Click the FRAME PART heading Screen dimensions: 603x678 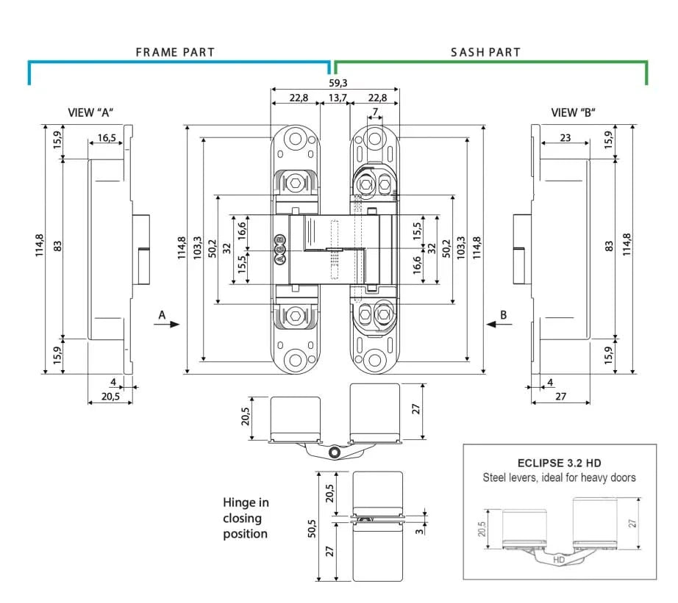pyautogui.click(x=175, y=53)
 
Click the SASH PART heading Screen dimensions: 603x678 pyautogui.click(x=485, y=53)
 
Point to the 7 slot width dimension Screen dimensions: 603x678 pyautogui.click(x=375, y=112)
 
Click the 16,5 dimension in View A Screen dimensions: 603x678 pyautogui.click(x=107, y=137)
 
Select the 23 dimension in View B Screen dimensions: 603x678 pyautogui.click(x=565, y=137)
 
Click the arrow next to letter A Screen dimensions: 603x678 pyautogui.click(x=169, y=324)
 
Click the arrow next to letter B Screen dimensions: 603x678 pyautogui.click(x=494, y=324)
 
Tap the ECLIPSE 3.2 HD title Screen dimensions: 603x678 pyautogui.click(x=559, y=463)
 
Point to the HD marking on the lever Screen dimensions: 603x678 pyautogui.click(x=558, y=559)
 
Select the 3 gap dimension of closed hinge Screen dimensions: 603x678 pyautogui.click(x=420, y=530)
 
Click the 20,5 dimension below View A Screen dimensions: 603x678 pyautogui.click(x=110, y=397)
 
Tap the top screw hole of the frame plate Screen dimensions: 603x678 pyautogui.click(x=296, y=139)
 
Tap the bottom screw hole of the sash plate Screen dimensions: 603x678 pyautogui.click(x=375, y=361)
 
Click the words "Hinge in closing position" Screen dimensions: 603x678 pyautogui.click(x=246, y=518)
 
